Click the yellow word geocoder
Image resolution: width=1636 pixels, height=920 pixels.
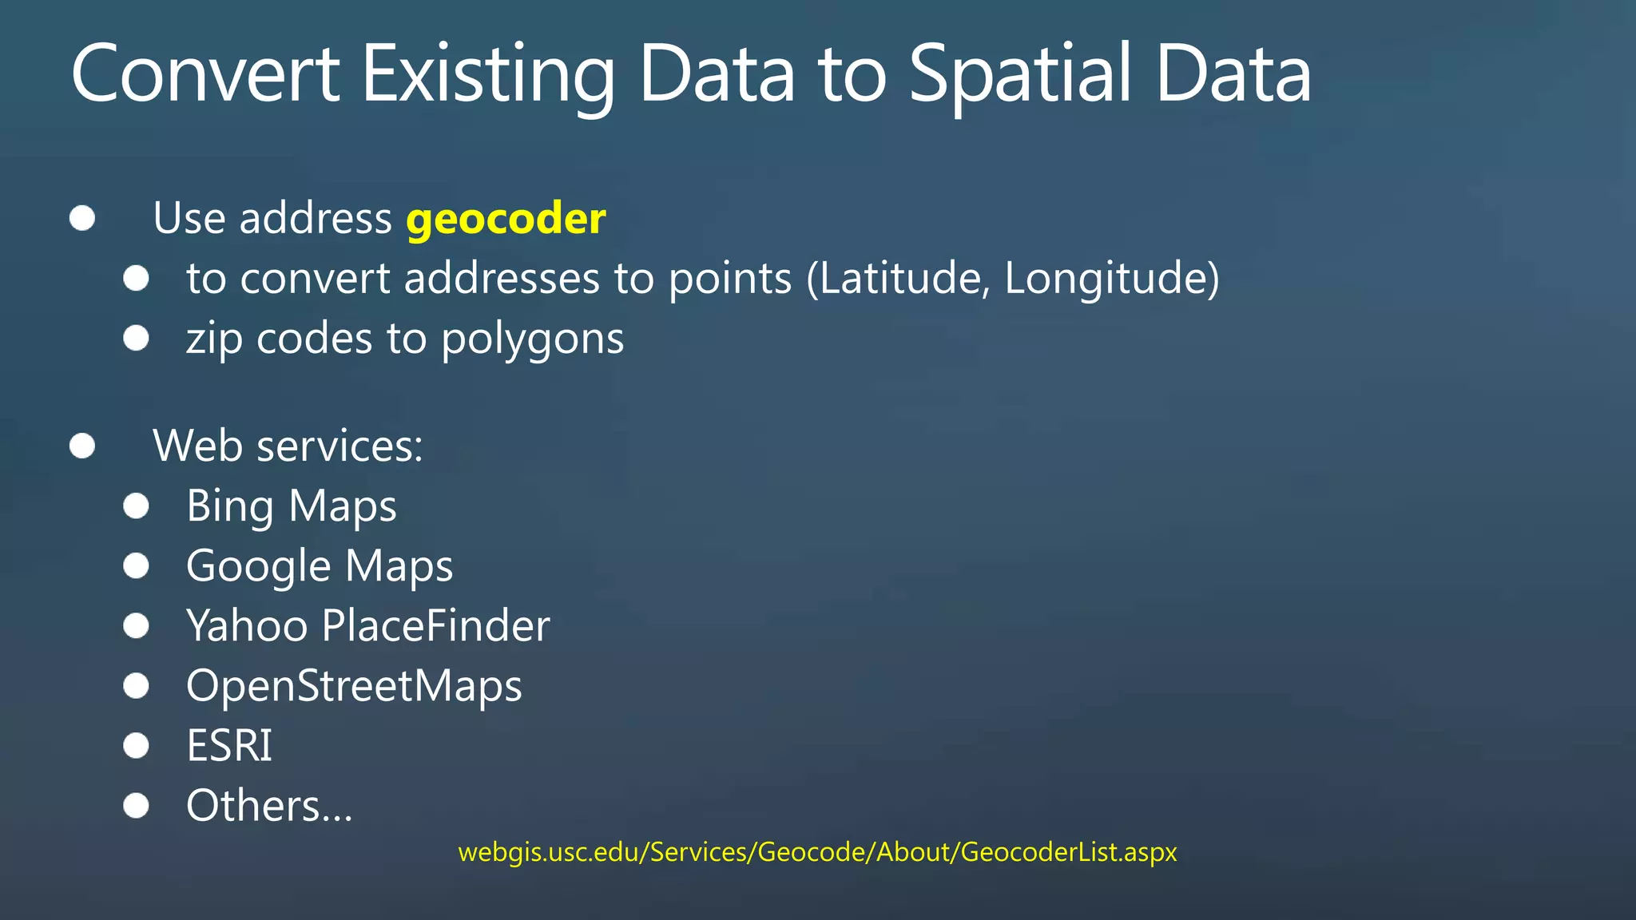coord(506,219)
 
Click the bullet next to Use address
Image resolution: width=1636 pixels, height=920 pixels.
coord(82,218)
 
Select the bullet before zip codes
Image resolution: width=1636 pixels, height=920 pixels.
coord(137,338)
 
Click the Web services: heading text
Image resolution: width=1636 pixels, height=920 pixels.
coord(288,446)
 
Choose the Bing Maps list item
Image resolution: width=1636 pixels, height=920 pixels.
coord(291,506)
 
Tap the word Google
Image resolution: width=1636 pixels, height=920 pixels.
coord(258,567)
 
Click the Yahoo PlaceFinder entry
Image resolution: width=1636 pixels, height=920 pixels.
coord(367,625)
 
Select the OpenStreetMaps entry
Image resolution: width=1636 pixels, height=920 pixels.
coord(354,686)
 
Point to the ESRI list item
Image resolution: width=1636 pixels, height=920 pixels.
coord(229,746)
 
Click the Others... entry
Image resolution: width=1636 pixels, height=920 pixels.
coord(269,806)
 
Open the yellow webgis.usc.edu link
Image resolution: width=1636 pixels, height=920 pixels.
coord(817,852)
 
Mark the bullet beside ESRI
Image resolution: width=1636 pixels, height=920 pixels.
coord(137,746)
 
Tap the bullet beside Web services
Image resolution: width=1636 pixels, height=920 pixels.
coord(82,446)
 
